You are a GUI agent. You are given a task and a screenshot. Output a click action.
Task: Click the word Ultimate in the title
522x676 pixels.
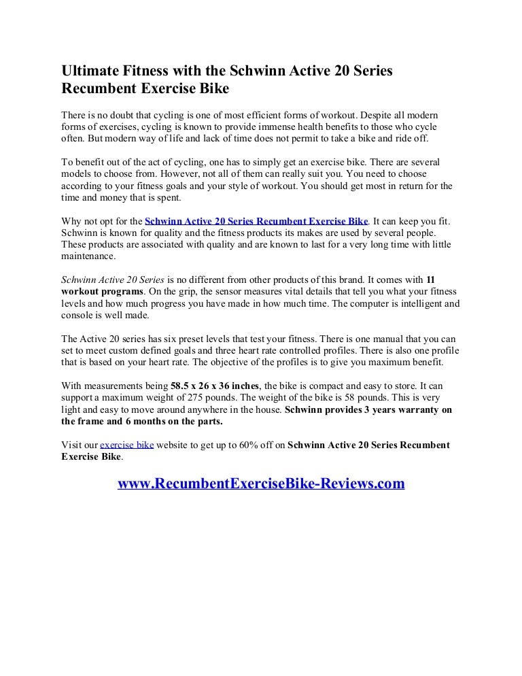(87, 71)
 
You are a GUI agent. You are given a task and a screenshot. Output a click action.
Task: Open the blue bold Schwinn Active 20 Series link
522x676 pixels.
(256, 222)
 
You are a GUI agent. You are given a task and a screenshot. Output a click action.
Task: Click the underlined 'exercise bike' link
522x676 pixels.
(126, 445)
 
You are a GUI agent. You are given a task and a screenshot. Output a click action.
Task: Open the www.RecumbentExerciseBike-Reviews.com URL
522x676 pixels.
(262, 484)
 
